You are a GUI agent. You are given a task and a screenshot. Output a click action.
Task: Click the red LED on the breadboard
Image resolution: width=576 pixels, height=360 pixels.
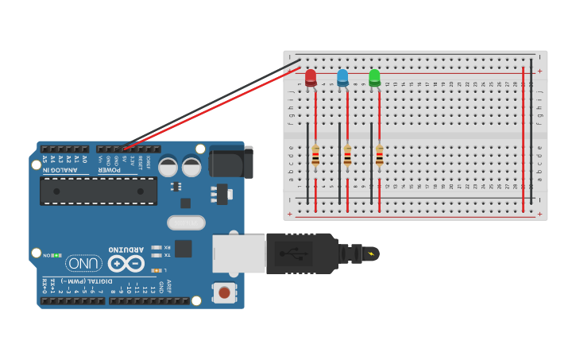click(311, 77)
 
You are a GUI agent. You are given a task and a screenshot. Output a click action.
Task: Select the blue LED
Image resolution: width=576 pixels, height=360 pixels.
click(342, 77)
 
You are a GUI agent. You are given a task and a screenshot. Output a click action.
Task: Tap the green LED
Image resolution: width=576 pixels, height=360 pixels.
click(374, 77)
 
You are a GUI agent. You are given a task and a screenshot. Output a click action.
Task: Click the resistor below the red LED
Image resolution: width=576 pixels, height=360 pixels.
click(315, 156)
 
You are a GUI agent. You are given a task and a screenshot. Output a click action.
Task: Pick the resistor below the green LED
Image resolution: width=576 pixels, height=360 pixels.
click(379, 156)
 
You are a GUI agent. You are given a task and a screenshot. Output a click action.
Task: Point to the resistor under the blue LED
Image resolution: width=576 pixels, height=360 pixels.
click(347, 156)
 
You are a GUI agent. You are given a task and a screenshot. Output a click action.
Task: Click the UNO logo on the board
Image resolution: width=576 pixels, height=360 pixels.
click(84, 263)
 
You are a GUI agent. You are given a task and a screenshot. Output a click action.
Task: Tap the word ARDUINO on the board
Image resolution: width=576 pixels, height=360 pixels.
click(126, 248)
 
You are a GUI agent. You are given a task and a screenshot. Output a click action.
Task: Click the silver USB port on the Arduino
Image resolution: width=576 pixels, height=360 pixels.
click(238, 254)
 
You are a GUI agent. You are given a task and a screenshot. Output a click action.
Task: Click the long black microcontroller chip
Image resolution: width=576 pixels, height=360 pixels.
click(99, 191)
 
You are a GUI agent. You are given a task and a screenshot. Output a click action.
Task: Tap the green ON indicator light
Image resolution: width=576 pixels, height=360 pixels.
click(57, 255)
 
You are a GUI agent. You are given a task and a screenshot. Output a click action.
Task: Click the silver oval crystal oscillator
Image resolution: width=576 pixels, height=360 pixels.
click(186, 223)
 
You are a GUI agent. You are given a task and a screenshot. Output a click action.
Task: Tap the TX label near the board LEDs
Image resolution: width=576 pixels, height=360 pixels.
click(167, 255)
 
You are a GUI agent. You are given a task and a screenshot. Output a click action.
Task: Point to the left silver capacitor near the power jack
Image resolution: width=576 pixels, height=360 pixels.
click(168, 167)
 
